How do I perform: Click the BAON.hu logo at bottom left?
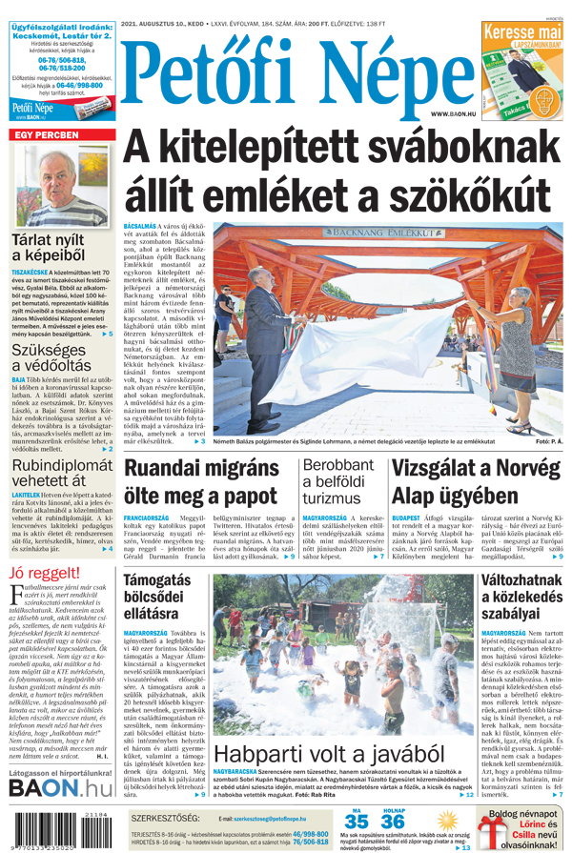[x=60, y=787]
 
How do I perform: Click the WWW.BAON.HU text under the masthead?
[x=452, y=113]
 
